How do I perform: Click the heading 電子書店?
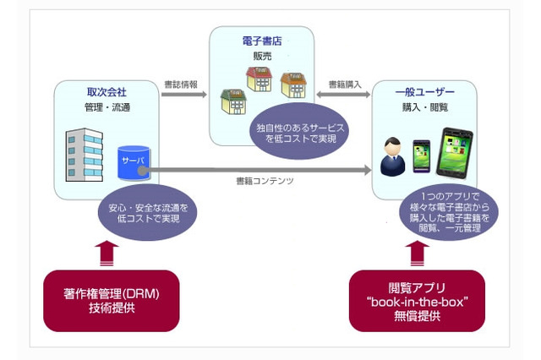tap(262, 39)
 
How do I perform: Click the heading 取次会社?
tap(106, 92)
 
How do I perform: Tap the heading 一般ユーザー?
tap(425, 92)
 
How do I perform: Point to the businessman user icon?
tap(392, 156)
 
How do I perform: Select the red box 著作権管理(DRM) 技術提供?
tap(112, 302)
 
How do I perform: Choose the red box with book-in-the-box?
tap(417, 302)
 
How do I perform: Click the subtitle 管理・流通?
tap(106, 107)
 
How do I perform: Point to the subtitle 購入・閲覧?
tap(425, 107)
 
